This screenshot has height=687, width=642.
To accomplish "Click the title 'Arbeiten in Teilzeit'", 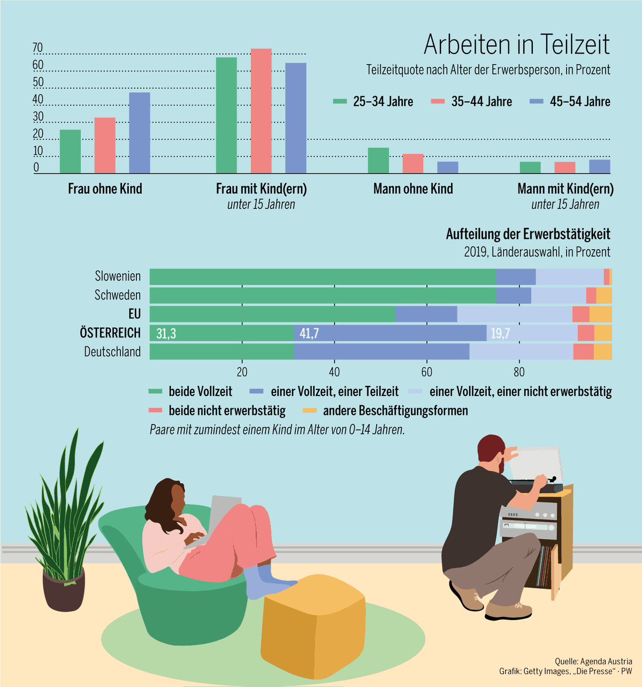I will coord(516,44).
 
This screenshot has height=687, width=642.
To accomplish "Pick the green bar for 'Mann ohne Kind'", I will coord(378,160).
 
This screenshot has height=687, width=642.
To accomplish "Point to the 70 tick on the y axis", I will coord(37,48).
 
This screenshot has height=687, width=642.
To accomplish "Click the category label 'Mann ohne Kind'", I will coord(413,189).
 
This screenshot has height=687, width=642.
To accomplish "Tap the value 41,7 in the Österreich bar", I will coord(309,334).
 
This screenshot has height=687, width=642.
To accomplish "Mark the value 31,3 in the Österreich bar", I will coord(166,334).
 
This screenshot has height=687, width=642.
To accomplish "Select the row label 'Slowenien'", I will coord(118,276).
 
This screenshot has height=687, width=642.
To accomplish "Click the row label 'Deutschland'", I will coord(112,352).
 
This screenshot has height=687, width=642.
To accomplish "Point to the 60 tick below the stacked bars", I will coord(426,372).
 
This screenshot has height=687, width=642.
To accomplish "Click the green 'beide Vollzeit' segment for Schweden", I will coord(321,296).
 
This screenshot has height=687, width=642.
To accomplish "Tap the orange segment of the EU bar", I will coord(600,314).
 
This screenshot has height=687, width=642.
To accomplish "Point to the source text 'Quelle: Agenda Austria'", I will coord(593,661).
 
